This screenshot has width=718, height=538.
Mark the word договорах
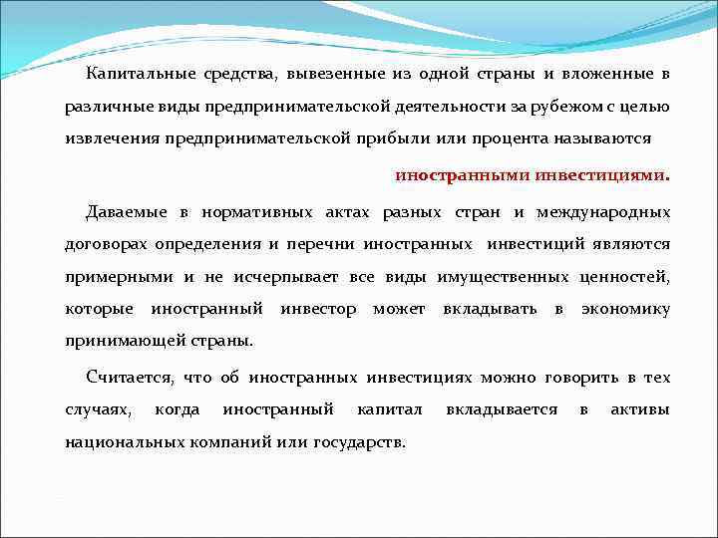coord(105,243)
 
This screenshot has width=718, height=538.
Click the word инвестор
coord(318,309)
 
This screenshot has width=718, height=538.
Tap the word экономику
coord(625,309)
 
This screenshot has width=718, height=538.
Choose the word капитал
coord(390,409)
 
